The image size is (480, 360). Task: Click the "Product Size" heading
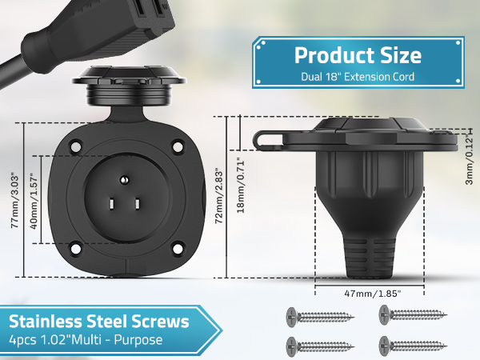(x=358, y=55)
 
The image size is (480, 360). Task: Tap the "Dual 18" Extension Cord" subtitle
(x=358, y=77)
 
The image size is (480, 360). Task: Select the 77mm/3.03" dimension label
(x=15, y=202)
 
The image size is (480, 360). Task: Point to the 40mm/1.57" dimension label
(x=34, y=202)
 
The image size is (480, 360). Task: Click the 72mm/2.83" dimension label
(x=219, y=196)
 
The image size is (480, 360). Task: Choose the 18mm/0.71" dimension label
(x=241, y=186)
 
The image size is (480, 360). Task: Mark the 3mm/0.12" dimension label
(x=469, y=160)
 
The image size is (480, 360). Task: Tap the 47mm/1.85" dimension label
(x=373, y=294)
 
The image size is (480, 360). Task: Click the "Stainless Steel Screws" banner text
(x=99, y=322)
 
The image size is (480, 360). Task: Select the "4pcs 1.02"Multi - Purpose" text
(x=86, y=340)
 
